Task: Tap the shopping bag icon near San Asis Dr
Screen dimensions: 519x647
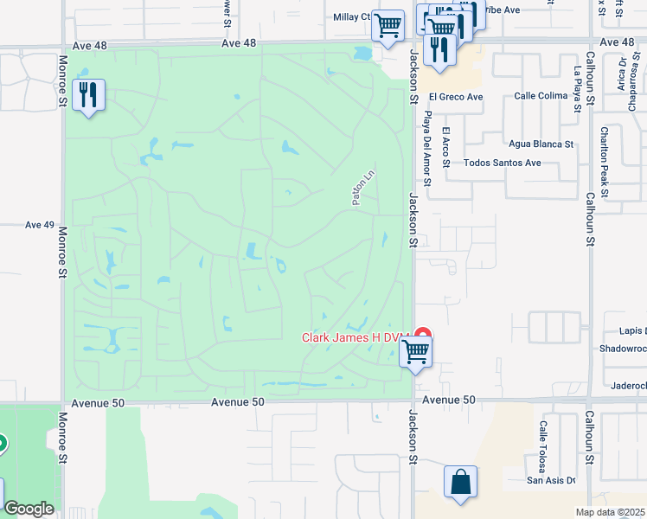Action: (460, 483)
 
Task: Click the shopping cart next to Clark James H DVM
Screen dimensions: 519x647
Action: (416, 352)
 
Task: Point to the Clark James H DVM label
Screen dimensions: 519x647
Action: (354, 338)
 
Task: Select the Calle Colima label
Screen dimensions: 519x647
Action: (540, 97)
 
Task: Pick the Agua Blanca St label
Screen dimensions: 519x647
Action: (541, 144)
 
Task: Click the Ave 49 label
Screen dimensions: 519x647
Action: (40, 225)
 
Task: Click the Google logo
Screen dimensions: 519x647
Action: (29, 509)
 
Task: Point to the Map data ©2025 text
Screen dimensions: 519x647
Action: (611, 512)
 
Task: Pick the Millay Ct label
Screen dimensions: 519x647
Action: (351, 16)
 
